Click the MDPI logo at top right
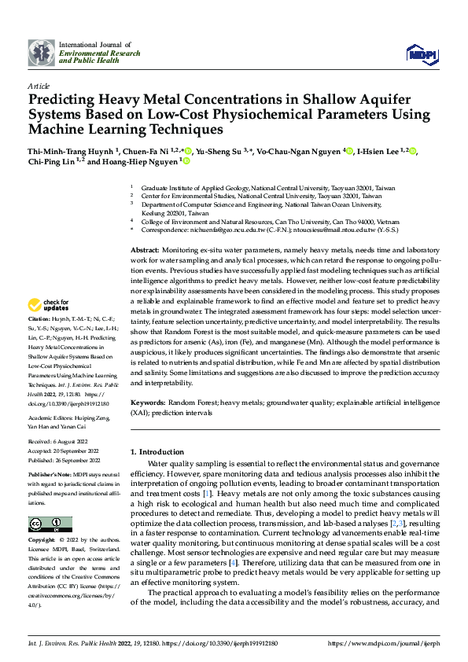(422, 53)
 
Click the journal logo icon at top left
(42, 52)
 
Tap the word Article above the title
(39, 86)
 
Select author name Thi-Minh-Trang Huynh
(71, 151)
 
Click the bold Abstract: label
(145, 249)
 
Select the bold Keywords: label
(147, 401)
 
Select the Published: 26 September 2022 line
(64, 461)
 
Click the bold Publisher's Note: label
(50, 476)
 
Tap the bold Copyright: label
(42, 542)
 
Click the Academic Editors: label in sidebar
(51, 417)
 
